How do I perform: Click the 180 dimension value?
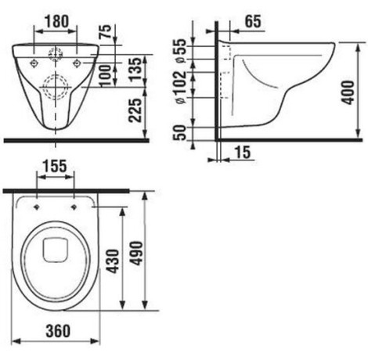[x=57, y=21]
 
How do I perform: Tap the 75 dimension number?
[x=106, y=31]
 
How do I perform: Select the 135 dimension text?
[x=136, y=69]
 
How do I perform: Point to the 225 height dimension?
[x=136, y=110]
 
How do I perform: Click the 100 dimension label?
[x=106, y=76]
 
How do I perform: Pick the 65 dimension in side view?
[x=253, y=21]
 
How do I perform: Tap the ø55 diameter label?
[x=181, y=51]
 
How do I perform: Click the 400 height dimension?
[x=348, y=92]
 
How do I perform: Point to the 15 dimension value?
[x=243, y=152]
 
